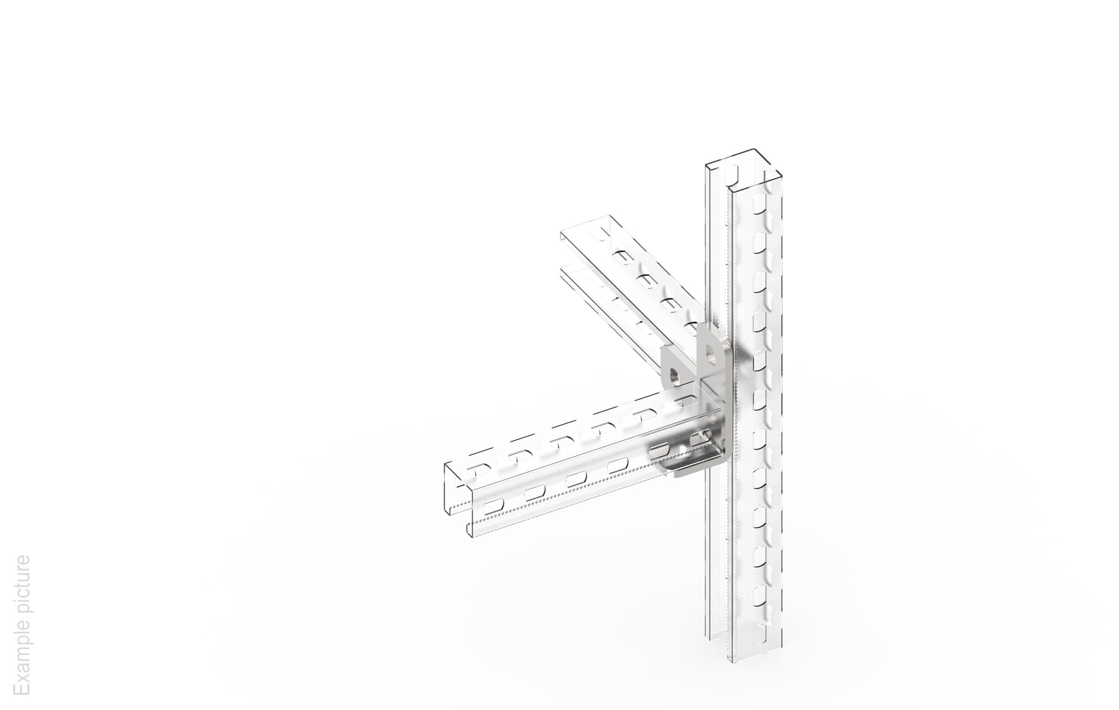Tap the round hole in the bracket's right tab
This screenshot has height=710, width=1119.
click(710, 353)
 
